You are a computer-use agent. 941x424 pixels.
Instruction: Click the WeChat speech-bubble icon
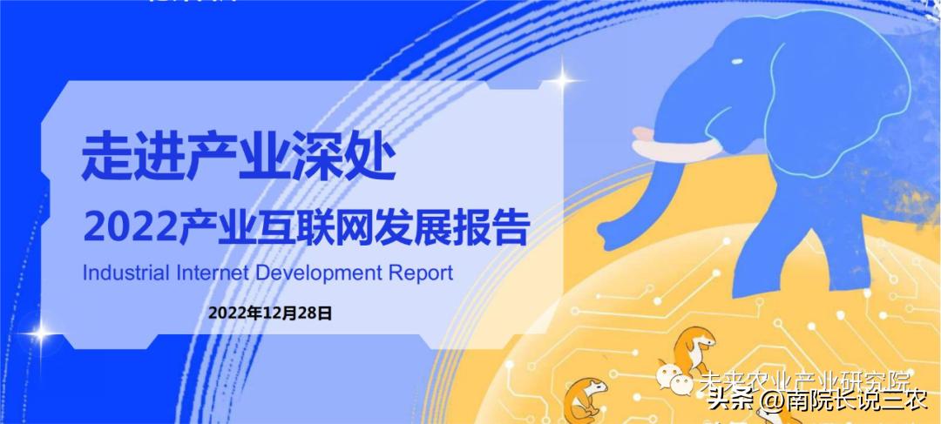675,378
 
